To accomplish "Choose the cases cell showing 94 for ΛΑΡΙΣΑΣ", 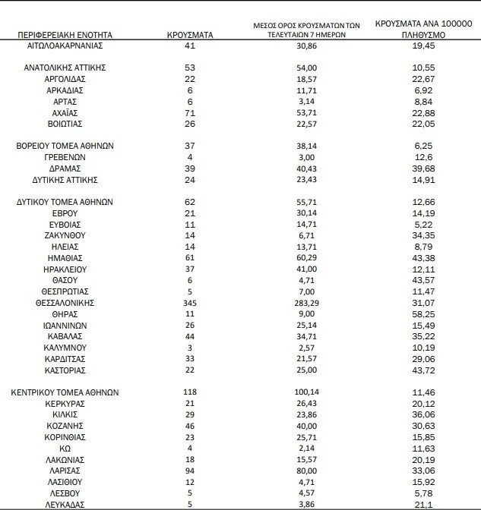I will click(x=190, y=471).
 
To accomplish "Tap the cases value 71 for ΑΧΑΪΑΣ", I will click(x=190, y=112).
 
